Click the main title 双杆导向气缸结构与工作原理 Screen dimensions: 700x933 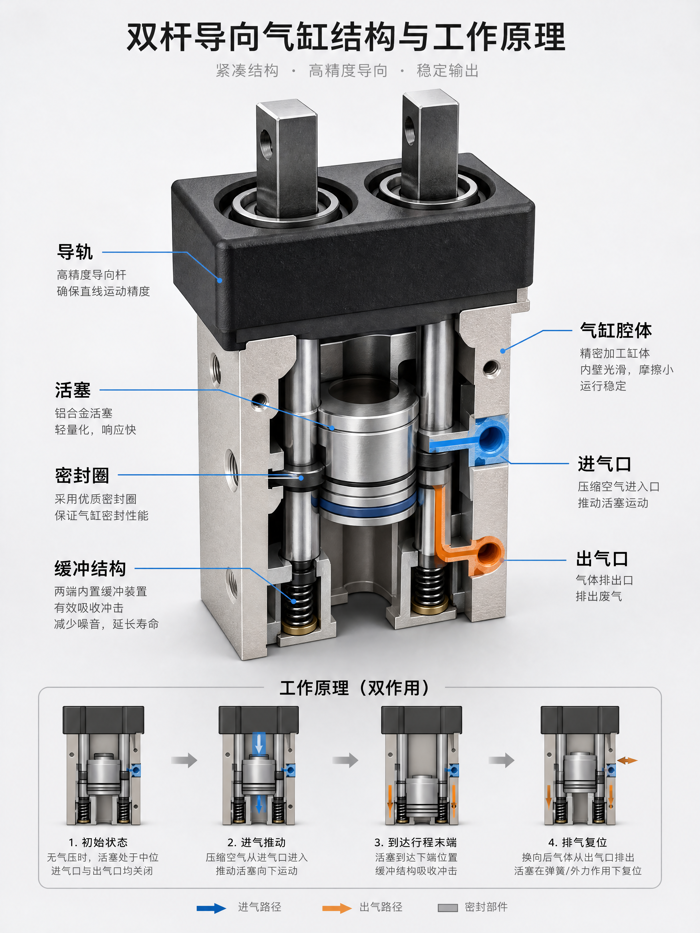[346, 37]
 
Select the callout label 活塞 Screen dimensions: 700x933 [73, 390]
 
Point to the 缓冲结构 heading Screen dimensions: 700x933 [90, 568]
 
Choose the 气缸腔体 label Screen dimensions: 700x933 [616, 330]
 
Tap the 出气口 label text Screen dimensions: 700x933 [602, 559]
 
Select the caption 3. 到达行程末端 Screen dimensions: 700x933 [415, 842]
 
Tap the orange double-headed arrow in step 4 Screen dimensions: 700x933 [627, 760]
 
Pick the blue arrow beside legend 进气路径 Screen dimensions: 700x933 [211, 908]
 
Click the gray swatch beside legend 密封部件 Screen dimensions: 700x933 [448, 908]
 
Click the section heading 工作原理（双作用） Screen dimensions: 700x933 [354, 687]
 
